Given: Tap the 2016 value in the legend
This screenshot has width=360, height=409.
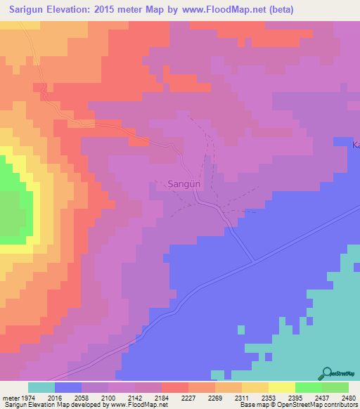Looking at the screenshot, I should coord(55,397).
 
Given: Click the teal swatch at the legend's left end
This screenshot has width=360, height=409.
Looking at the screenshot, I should coord(41,387).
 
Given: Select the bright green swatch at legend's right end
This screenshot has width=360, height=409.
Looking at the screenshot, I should coord(335,387).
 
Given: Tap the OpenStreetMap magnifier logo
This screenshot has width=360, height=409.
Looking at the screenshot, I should coord(326,374).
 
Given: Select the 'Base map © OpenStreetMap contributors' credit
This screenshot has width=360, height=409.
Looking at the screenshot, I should coord(297,405).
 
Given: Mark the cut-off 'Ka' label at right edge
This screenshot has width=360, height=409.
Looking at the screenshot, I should coord(356,145).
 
